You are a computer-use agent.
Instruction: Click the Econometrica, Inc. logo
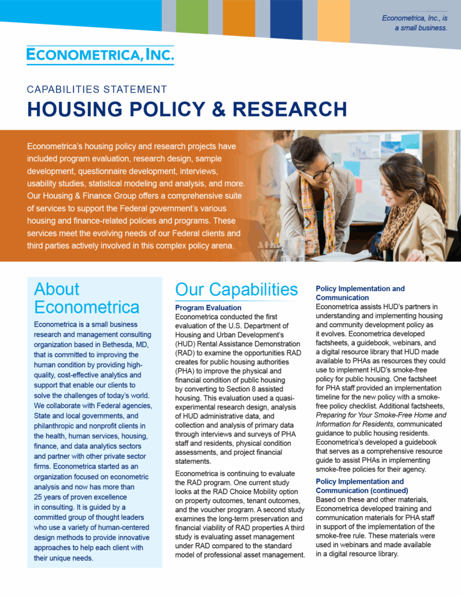point(100,55)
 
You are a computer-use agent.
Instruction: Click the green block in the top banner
point(192,17)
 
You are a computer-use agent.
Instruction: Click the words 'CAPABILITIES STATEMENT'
point(97,90)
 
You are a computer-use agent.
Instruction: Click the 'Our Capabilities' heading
point(237,289)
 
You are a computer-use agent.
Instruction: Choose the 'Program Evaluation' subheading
point(208,308)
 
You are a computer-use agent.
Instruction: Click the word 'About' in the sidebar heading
point(57,289)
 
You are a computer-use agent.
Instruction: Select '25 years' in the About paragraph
point(50,498)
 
